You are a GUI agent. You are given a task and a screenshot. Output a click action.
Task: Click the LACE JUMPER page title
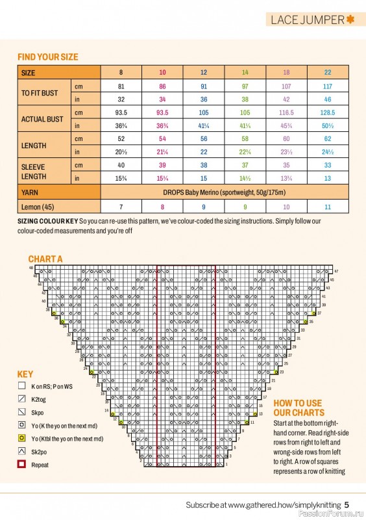(x=308, y=19)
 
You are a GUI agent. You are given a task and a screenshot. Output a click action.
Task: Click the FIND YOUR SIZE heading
(x=47, y=57)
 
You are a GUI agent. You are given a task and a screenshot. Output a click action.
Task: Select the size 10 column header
(x=162, y=72)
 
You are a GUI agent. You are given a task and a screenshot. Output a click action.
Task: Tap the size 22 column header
(x=327, y=72)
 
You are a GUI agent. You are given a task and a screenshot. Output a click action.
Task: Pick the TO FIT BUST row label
(x=40, y=93)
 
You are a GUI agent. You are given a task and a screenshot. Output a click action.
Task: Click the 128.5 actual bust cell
(x=327, y=112)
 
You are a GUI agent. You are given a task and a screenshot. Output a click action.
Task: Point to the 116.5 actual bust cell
(x=286, y=112)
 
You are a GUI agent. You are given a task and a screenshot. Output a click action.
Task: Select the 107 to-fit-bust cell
(x=286, y=86)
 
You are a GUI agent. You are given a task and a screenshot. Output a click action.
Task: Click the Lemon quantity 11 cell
(x=327, y=207)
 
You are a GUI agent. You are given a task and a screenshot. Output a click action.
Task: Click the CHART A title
(x=45, y=259)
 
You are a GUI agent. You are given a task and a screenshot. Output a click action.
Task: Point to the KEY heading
(x=25, y=374)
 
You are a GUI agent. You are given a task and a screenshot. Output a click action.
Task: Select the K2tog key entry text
(x=40, y=399)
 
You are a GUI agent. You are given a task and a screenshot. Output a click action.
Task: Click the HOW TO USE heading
(x=299, y=403)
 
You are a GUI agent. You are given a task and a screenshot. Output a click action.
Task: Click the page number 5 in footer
(x=347, y=504)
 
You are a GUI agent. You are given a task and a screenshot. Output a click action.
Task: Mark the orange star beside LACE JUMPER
(x=351, y=19)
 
